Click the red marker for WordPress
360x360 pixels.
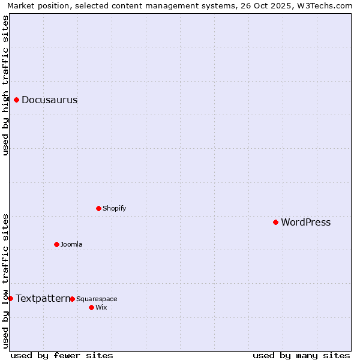click(x=275, y=222)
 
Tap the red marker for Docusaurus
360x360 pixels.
click(x=17, y=100)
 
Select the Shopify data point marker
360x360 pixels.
click(x=98, y=208)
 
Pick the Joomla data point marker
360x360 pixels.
click(x=56, y=244)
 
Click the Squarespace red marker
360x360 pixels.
click(x=72, y=299)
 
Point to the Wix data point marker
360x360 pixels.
click(x=91, y=307)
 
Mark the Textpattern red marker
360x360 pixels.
click(x=10, y=298)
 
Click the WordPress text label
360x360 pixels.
click(x=305, y=223)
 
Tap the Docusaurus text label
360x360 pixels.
click(x=49, y=100)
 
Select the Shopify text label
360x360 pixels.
click(x=114, y=209)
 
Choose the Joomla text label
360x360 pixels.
click(x=71, y=245)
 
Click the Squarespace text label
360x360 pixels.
click(x=97, y=299)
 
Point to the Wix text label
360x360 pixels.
click(x=101, y=308)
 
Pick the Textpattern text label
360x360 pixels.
click(x=43, y=298)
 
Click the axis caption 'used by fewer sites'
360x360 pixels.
click(x=62, y=355)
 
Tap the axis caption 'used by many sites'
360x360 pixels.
click(x=301, y=355)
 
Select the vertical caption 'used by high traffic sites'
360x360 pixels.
click(x=5, y=86)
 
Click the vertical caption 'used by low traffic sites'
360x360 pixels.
click(x=5, y=280)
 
